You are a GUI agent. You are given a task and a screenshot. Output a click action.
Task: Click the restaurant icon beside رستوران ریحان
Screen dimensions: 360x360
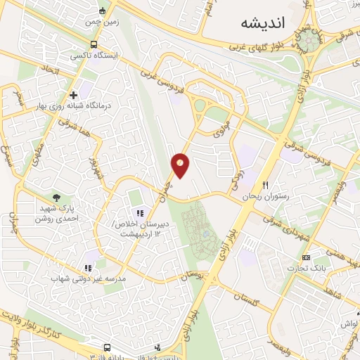coord(265,186)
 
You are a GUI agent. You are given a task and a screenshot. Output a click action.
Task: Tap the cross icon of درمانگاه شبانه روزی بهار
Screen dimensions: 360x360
coord(73,95)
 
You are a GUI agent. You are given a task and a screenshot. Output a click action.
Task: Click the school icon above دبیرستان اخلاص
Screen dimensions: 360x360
coord(139,213)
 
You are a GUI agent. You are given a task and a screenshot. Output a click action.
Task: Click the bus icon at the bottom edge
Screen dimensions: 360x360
coord(106,347)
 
